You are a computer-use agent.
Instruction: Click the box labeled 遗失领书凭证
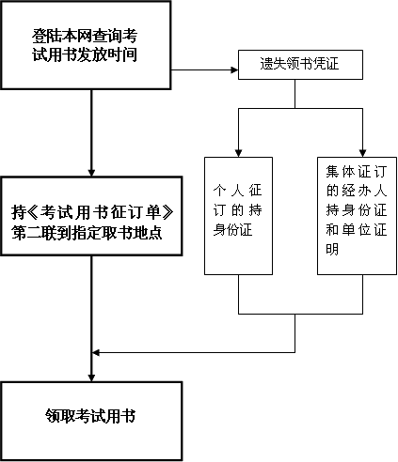300,65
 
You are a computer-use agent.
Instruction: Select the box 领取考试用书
91,421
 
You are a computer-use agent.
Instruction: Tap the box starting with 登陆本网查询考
86,45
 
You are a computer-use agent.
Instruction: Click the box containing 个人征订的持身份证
238,216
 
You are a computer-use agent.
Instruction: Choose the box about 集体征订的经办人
357,216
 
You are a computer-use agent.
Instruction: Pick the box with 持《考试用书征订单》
91,216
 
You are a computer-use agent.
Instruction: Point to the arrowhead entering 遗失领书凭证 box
234,69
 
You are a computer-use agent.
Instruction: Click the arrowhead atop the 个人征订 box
238,153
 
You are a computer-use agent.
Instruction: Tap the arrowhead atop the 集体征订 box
363,153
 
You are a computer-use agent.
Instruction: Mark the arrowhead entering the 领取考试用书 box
91,377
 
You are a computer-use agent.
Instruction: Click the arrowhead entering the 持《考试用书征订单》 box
91,173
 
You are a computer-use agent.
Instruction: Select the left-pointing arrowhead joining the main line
96,353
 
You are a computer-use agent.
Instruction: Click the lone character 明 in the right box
332,250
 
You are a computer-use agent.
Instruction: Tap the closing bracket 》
167,212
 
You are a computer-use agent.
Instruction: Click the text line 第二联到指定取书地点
87,233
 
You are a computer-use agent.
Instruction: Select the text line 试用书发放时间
85,54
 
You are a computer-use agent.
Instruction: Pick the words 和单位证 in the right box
357,230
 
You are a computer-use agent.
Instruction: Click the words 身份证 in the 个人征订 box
232,230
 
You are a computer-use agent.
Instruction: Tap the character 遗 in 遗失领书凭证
266,64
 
